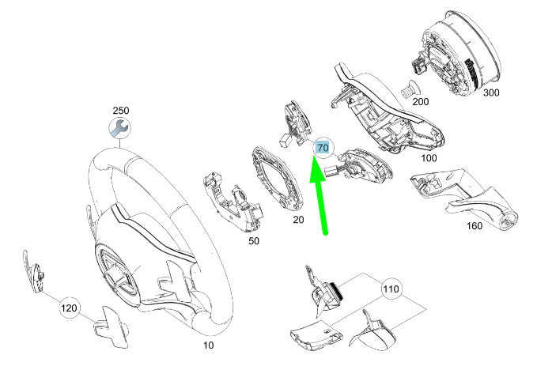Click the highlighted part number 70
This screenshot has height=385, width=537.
323,148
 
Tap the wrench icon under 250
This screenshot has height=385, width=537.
120,129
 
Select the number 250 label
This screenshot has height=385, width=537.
121,111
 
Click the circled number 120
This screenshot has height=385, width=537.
69,308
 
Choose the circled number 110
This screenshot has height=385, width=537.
391,289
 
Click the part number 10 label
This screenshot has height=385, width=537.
209,345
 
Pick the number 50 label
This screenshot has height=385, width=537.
254,241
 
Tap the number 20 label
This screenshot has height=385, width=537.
298,219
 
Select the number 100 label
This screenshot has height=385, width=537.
429,158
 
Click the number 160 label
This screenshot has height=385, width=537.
475,226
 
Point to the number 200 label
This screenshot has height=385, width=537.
420,102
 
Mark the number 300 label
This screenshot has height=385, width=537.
491,92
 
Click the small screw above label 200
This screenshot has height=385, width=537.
409,89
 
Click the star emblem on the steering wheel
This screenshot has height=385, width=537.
117,270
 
